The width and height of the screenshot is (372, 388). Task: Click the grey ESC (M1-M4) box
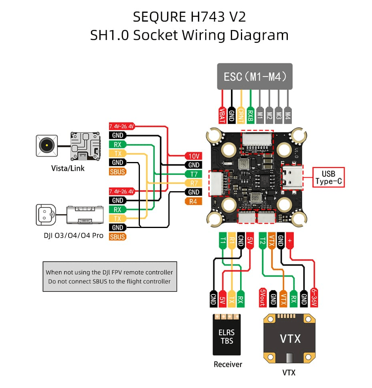pos(255,76)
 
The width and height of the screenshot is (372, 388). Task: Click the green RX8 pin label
pos(251,114)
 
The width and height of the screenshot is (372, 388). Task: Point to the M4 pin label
pos(288,114)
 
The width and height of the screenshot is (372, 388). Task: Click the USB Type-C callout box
pos(328,178)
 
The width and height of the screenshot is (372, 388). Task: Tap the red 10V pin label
pos(194,156)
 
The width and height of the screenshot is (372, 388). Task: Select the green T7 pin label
pos(194,174)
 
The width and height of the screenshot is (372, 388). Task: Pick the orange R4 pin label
pos(194,201)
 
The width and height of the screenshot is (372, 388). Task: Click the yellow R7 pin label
pos(194,183)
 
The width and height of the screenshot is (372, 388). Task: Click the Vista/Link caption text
pos(68,168)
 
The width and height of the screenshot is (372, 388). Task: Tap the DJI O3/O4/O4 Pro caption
pos(73,236)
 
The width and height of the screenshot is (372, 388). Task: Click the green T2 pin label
pos(263,241)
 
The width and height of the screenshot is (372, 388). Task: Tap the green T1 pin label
pos(222,241)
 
